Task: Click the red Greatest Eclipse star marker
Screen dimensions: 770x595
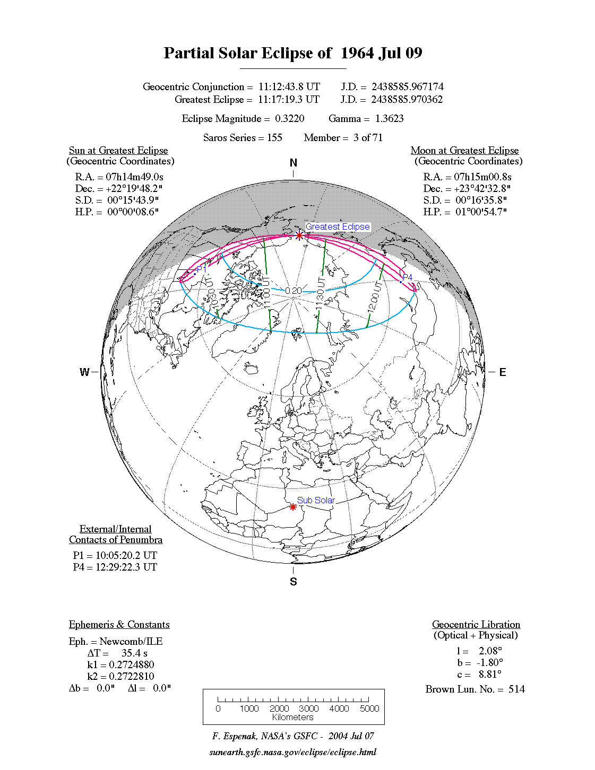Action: click(x=299, y=235)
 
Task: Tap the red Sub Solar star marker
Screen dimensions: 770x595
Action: click(x=293, y=507)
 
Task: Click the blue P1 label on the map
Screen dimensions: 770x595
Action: click(x=202, y=269)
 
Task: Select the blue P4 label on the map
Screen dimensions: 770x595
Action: click(x=407, y=277)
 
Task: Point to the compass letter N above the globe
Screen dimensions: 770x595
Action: click(x=294, y=163)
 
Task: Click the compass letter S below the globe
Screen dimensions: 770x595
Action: click(x=294, y=582)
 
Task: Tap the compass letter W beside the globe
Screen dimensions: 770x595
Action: click(x=84, y=372)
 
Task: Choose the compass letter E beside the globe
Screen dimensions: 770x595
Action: click(x=502, y=372)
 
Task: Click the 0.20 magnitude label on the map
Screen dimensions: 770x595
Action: click(x=294, y=291)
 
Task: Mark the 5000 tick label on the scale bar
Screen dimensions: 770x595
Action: click(x=369, y=708)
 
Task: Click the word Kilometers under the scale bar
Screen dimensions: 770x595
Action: click(x=293, y=717)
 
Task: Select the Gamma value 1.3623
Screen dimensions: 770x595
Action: click(x=389, y=118)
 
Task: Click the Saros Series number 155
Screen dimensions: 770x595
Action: click(x=274, y=137)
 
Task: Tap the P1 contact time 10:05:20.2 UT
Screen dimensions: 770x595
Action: click(x=126, y=555)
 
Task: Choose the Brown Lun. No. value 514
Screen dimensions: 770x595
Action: click(x=516, y=689)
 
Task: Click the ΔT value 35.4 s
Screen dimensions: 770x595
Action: click(x=134, y=653)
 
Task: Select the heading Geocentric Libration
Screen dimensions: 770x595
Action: click(x=476, y=624)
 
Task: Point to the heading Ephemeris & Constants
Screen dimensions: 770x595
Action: click(x=119, y=624)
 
